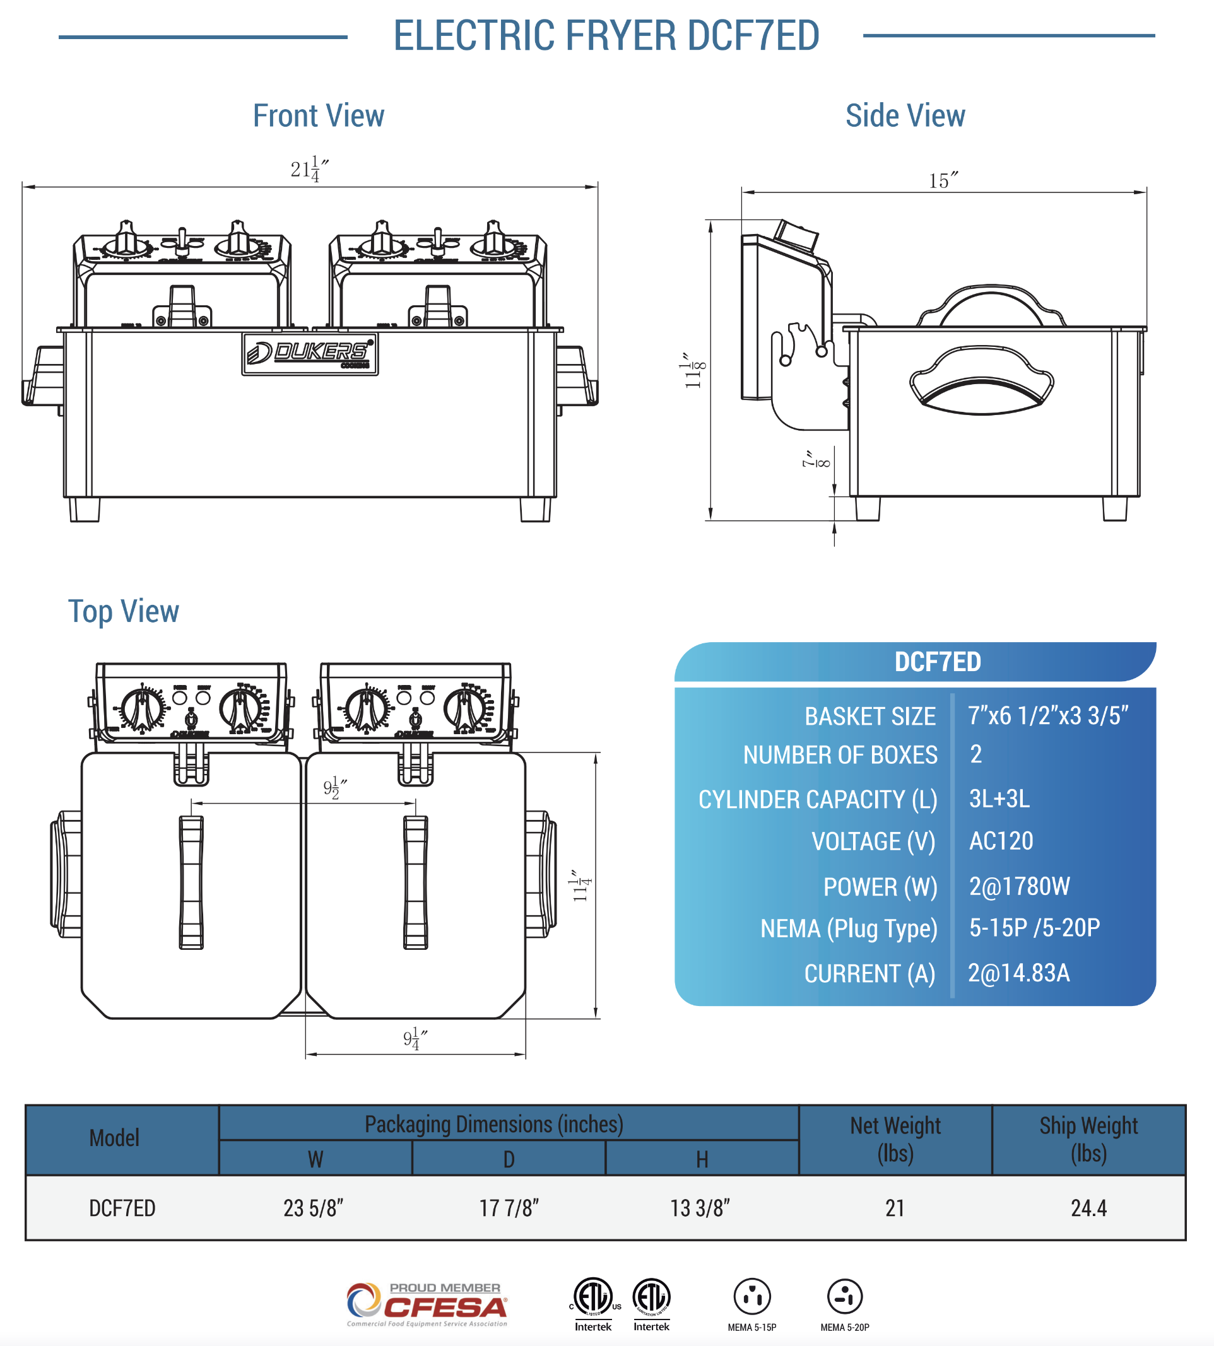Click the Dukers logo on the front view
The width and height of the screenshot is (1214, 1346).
click(x=310, y=354)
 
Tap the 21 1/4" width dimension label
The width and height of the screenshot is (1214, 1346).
click(x=309, y=169)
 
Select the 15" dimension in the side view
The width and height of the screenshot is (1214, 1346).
click(x=943, y=180)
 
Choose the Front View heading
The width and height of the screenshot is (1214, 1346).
click(x=318, y=116)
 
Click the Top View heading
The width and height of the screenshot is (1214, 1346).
click(x=124, y=611)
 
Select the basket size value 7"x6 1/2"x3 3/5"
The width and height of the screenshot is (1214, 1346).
click(x=1047, y=715)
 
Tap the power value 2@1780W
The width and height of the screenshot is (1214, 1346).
click(x=1018, y=886)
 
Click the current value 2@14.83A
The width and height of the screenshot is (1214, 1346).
click(x=1018, y=973)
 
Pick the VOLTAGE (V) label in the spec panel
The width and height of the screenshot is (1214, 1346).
click(x=873, y=841)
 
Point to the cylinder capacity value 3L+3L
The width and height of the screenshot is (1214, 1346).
click(x=999, y=798)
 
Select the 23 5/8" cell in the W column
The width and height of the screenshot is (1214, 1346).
click(x=313, y=1207)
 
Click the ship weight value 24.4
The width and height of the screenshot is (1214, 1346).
click(x=1088, y=1207)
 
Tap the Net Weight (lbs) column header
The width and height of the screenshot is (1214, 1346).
click(x=895, y=1139)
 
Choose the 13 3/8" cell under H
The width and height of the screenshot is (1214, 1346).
click(x=700, y=1207)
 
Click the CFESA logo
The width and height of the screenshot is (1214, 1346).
click(x=427, y=1303)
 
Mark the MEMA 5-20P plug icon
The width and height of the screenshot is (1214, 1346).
click(x=844, y=1297)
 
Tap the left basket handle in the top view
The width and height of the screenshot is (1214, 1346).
click(x=191, y=882)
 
